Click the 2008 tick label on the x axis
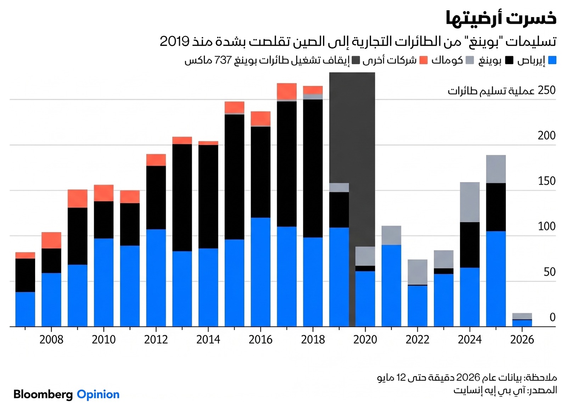point(51,340)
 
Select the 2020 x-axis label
point(365,340)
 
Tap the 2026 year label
point(522,340)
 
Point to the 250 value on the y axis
point(547,90)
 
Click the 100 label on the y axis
point(547,226)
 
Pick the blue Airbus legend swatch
point(552,60)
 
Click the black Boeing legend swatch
point(509,60)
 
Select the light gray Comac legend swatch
point(470,60)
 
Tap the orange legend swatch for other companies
point(423,60)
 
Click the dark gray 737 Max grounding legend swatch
point(356,60)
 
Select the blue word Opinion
point(98,394)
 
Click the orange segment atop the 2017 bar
point(287,91)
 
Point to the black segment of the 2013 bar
point(182,198)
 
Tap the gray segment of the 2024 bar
point(470,202)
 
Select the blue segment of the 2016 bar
point(261,272)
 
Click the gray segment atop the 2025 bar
point(496,169)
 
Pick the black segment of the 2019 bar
point(339,210)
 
